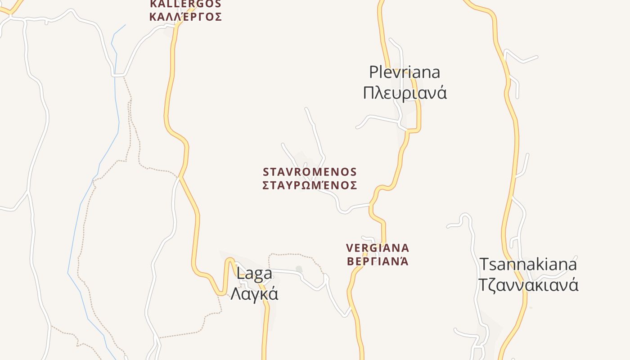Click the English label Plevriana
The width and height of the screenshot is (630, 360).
pyautogui.click(x=404, y=72)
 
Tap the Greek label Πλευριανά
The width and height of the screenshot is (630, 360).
pyautogui.click(x=405, y=93)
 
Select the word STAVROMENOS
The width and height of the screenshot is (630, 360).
pyautogui.click(x=310, y=172)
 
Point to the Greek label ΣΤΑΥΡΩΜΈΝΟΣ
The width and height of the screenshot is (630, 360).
pyautogui.click(x=310, y=185)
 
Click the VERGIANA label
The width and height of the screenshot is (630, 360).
pyautogui.click(x=378, y=248)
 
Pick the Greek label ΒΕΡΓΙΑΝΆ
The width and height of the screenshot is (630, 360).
pyautogui.click(x=378, y=261)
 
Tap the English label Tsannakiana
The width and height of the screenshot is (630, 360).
pyautogui.click(x=528, y=264)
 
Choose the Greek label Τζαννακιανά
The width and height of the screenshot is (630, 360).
pyautogui.click(x=528, y=285)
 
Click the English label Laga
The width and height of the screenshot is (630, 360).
pyautogui.click(x=254, y=274)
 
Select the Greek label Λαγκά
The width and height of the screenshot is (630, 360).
pyautogui.click(x=254, y=294)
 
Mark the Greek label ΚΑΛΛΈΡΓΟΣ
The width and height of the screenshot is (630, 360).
pyautogui.click(x=185, y=17)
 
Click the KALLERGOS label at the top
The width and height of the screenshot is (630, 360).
pyautogui.click(x=185, y=4)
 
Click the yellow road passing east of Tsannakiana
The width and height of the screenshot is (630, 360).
pyautogui.click(x=517, y=148)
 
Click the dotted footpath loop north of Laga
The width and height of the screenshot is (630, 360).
pyautogui.click(x=292, y=255)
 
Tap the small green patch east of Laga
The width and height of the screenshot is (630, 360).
pyautogui.click(x=299, y=270)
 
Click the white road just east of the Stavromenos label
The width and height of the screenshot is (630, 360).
pyautogui.click(x=355, y=206)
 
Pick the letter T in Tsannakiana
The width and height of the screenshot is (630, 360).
pyautogui.click(x=484, y=264)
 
